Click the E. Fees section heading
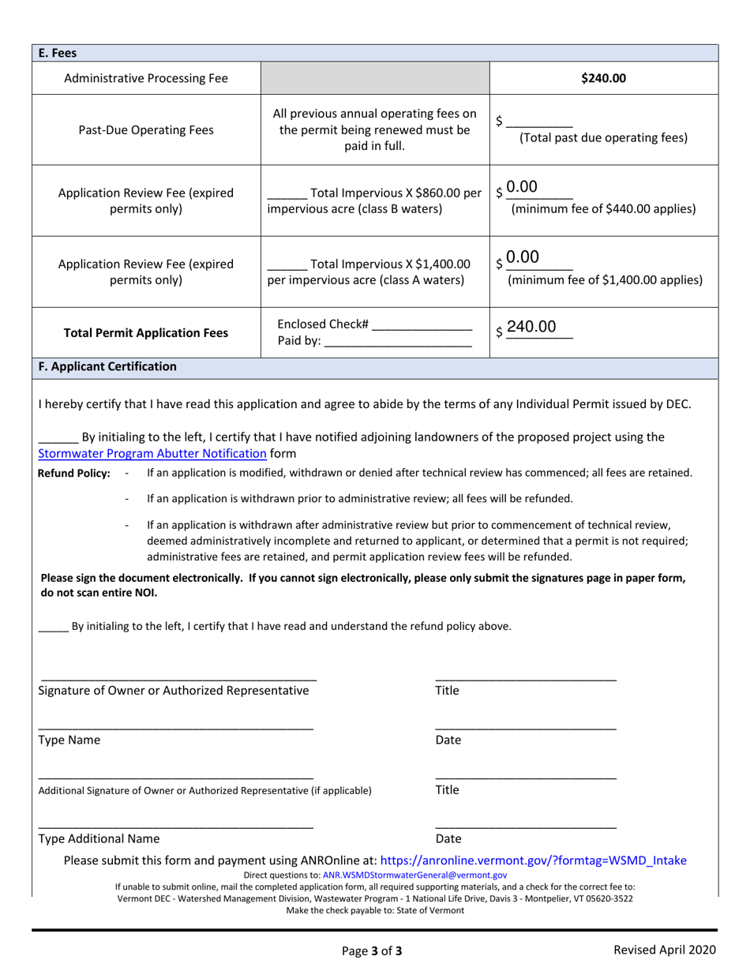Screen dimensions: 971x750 click(x=58, y=53)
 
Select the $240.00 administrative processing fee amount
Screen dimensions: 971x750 click(x=603, y=77)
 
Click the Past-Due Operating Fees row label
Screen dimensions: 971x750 click(x=145, y=129)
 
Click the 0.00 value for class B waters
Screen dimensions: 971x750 click(x=522, y=188)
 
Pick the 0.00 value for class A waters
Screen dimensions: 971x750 click(x=523, y=257)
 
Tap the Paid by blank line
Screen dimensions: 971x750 click(x=398, y=342)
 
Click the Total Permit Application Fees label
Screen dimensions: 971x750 click(x=145, y=333)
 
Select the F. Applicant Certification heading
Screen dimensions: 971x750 click(x=107, y=367)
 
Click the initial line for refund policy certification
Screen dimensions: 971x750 click(x=53, y=627)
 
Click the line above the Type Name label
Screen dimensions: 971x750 click(x=175, y=727)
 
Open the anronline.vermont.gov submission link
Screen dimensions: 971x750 click(x=533, y=860)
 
